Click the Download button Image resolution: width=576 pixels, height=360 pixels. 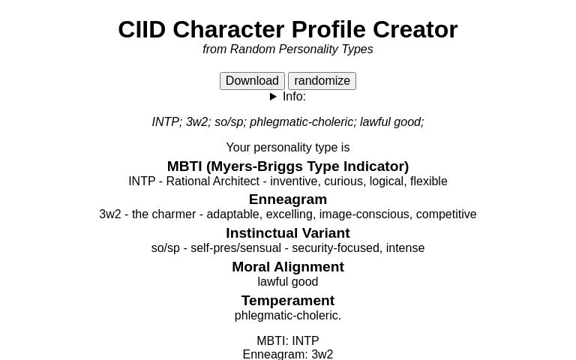[252, 81]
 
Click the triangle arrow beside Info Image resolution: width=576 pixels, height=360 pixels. [274, 97]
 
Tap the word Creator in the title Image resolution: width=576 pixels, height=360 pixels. [415, 30]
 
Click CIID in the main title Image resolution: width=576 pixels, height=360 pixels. [142, 30]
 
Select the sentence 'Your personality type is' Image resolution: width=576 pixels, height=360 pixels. [288, 148]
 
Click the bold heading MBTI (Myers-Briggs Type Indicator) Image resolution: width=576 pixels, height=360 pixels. [288, 166]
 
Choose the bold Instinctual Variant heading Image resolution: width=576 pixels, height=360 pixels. [288, 233]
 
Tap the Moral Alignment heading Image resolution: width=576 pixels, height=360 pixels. [288, 267]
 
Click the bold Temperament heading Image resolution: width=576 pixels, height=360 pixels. [288, 301]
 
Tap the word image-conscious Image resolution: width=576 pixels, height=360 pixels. [364, 214]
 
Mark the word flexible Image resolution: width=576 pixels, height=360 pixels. [429, 181]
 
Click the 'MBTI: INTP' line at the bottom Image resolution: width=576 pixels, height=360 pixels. [288, 341]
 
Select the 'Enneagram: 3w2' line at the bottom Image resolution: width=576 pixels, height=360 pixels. [288, 354]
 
